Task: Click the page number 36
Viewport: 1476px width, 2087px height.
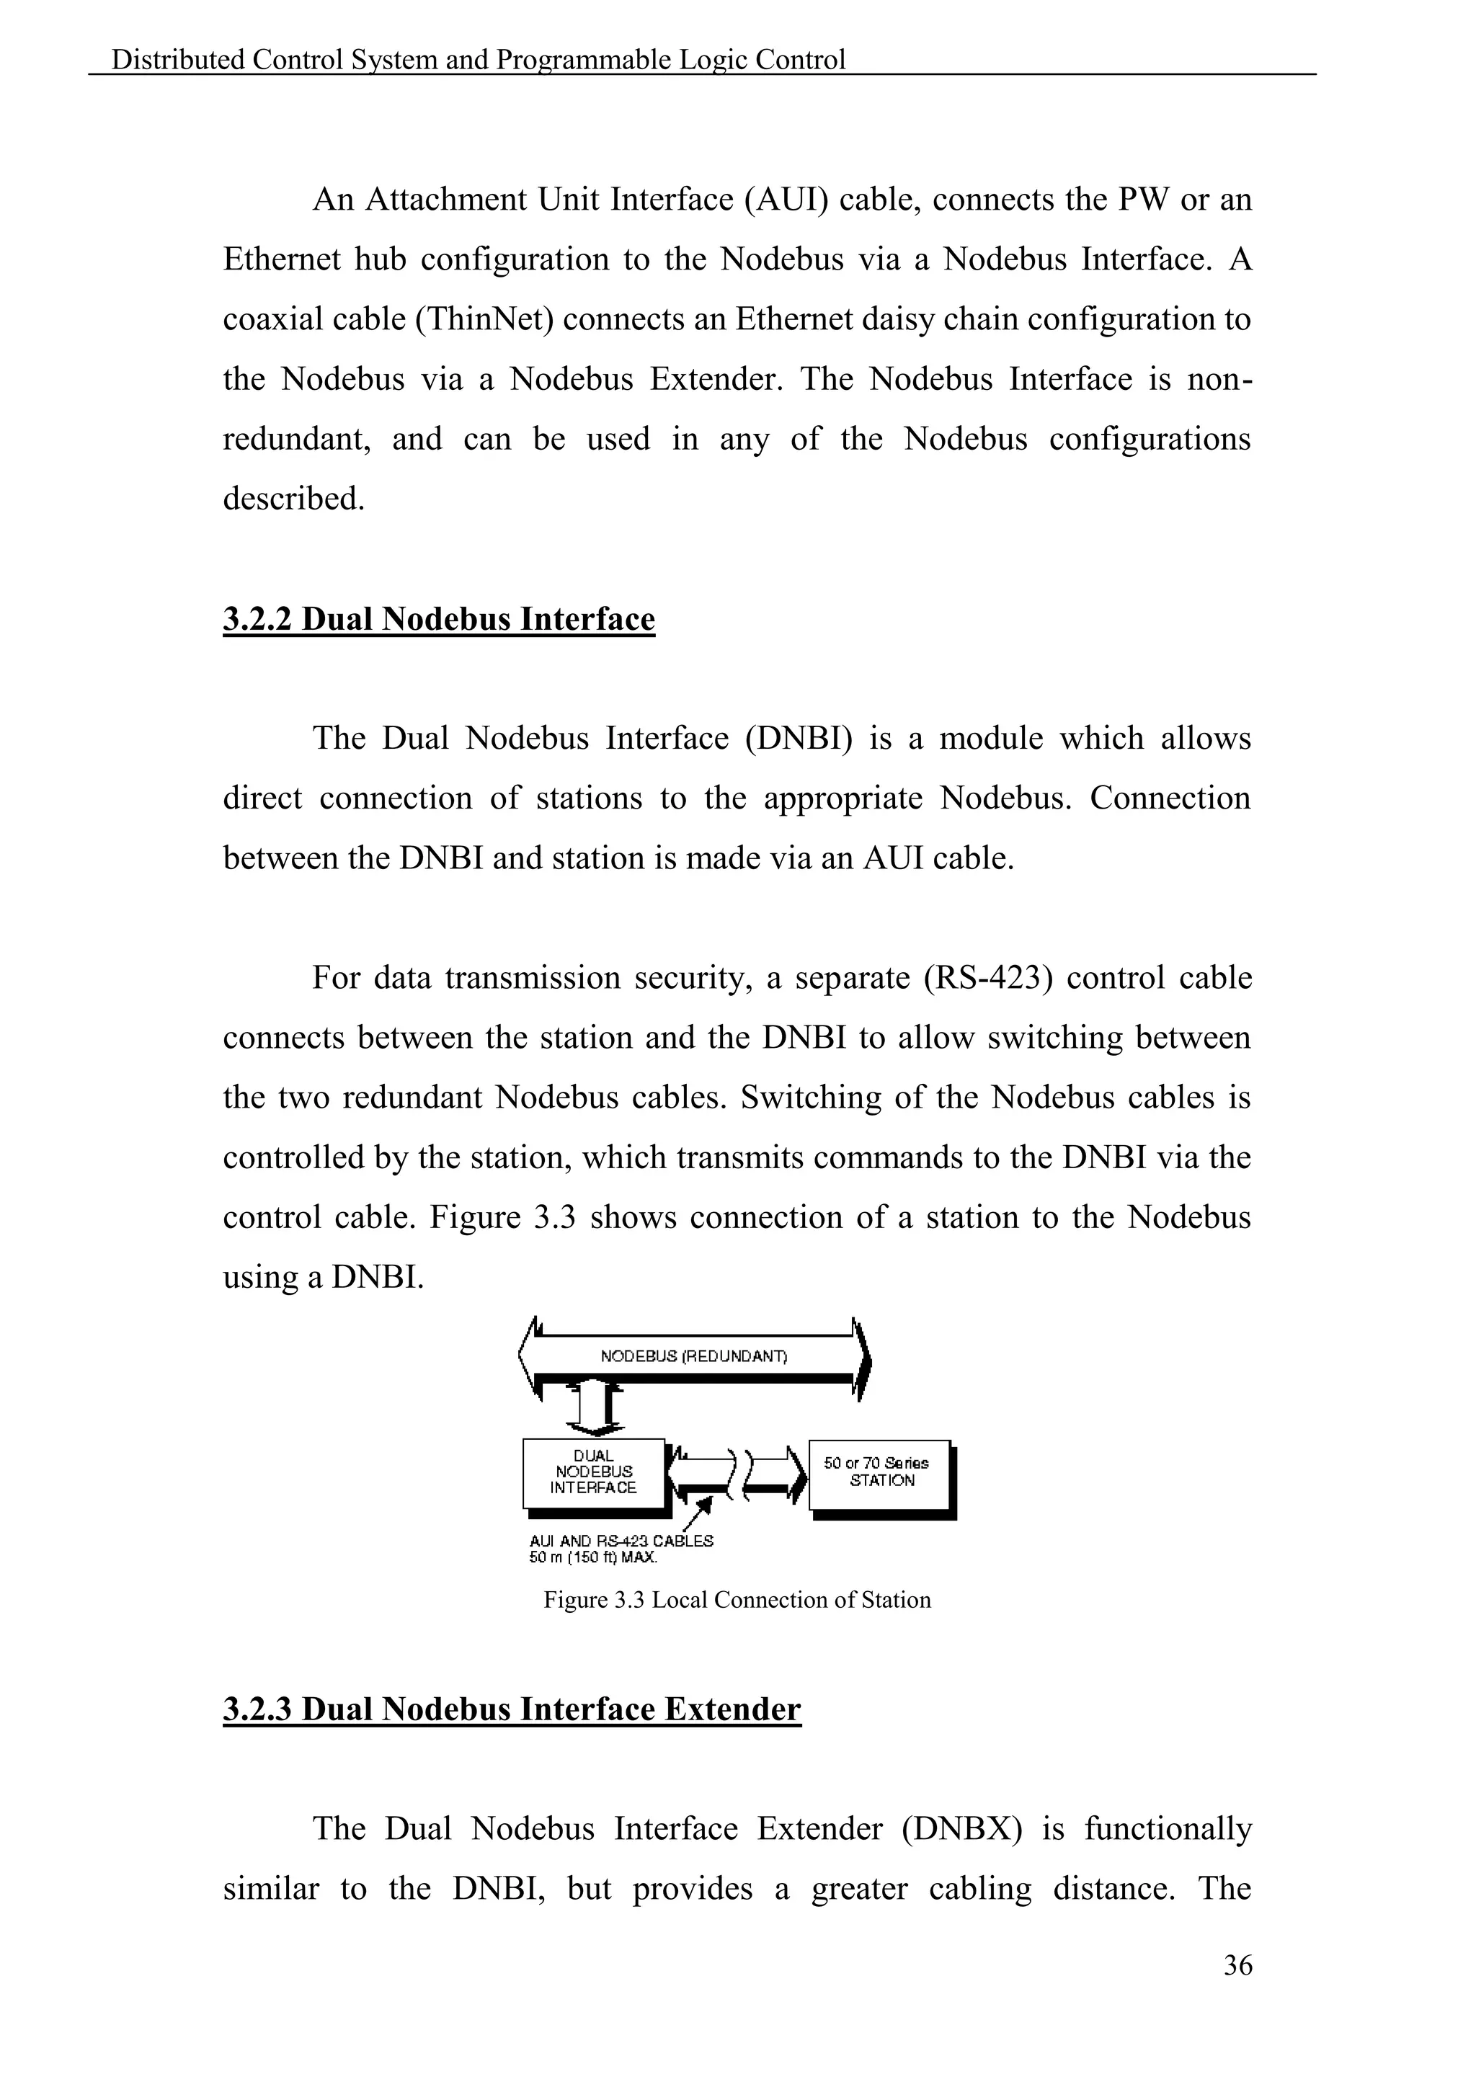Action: click(1237, 1964)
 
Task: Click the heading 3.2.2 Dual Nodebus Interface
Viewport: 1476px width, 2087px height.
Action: click(438, 619)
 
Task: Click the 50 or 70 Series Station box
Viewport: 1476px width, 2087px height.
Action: click(878, 1472)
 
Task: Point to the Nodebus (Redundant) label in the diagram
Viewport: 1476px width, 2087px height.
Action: click(693, 1356)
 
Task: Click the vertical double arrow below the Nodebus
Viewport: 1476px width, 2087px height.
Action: click(595, 1407)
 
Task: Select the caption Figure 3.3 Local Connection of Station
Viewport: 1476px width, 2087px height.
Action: click(737, 1600)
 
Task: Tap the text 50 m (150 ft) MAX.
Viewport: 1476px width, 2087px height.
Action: click(592, 1558)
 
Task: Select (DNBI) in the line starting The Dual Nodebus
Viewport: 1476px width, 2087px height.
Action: click(798, 738)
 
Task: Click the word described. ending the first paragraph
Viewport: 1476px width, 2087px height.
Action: click(293, 499)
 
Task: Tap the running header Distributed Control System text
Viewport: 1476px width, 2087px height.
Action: click(478, 60)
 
